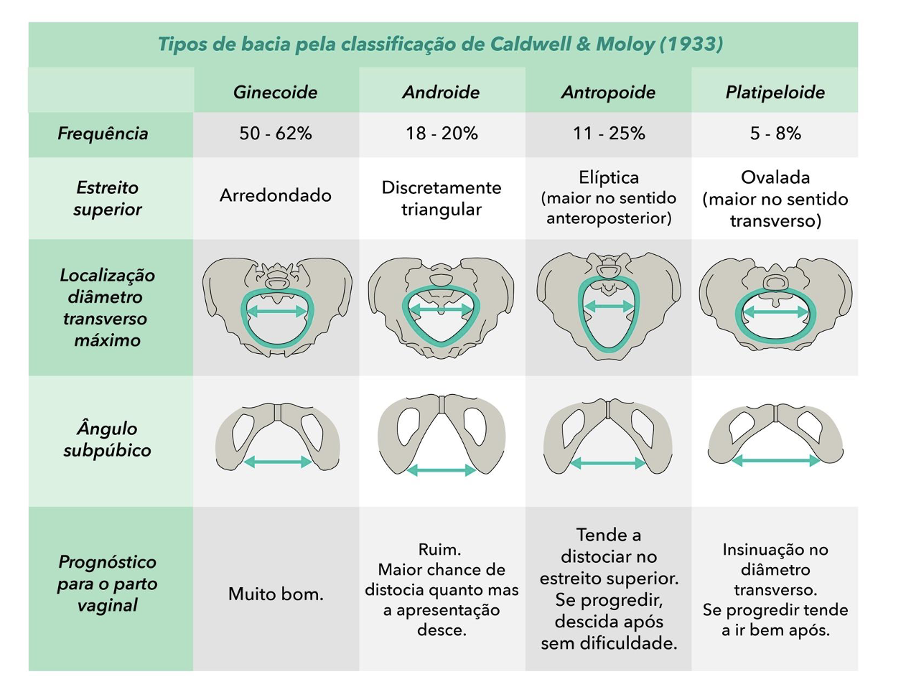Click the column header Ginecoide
[x=276, y=92]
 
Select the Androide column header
[x=442, y=92]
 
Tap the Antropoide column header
[x=608, y=92]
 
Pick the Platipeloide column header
[x=775, y=92]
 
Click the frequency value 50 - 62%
[x=276, y=134]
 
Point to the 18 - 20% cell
[x=442, y=134]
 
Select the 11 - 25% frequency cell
[x=609, y=134]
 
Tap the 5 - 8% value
[x=775, y=134]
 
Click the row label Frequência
[x=103, y=134]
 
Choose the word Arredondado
[x=276, y=195]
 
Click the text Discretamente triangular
[x=442, y=198]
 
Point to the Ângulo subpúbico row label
[x=107, y=439]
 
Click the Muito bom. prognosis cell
[x=276, y=594]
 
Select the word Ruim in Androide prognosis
[x=439, y=550]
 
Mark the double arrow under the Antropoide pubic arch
[x=608, y=464]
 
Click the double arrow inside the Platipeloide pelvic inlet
[x=775, y=312]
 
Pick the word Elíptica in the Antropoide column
[x=609, y=177]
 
